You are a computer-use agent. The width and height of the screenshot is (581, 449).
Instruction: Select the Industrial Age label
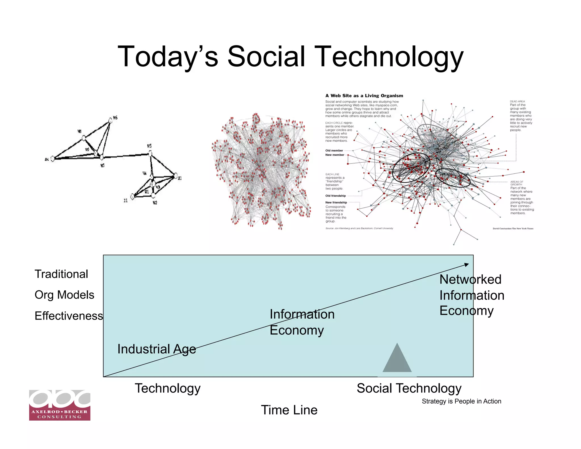[x=157, y=349]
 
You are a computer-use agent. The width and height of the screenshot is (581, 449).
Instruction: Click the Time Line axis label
[x=289, y=410]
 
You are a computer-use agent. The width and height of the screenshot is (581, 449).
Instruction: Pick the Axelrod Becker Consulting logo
[x=60, y=405]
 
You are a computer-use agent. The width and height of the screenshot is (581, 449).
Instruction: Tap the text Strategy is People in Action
[x=461, y=401]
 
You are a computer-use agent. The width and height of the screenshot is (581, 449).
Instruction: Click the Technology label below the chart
[x=167, y=388]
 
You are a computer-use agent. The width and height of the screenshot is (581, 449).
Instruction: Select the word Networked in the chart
[x=470, y=279]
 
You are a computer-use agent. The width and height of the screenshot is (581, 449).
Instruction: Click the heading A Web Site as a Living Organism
[x=364, y=96]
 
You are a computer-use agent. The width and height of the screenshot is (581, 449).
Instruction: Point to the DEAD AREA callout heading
[x=517, y=101]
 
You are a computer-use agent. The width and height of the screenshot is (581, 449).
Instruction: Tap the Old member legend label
[x=334, y=150]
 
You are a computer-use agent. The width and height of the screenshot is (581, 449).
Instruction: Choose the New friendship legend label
[x=336, y=202]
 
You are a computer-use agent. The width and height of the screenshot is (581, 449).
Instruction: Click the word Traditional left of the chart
[x=61, y=274]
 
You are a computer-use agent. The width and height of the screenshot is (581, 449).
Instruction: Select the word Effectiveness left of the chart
[x=69, y=316]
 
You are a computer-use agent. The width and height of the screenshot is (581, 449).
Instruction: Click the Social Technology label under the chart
[x=409, y=388]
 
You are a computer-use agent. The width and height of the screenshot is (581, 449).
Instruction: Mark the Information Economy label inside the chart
[x=302, y=322]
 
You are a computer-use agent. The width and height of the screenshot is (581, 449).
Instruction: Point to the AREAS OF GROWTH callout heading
[x=517, y=183]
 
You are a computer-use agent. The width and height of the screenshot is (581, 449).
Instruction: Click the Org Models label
[x=64, y=295]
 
